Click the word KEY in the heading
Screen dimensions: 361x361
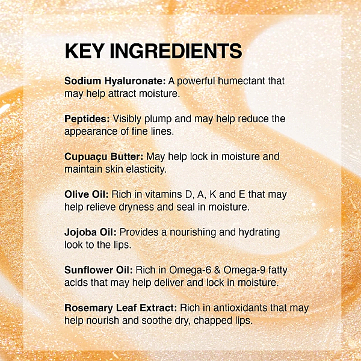pyautogui.click(x=84, y=51)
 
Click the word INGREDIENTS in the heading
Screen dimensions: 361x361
pyautogui.click(x=176, y=51)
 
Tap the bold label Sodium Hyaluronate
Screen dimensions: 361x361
pyautogui.click(x=115, y=81)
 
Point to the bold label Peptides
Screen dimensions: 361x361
pyautogui.click(x=87, y=119)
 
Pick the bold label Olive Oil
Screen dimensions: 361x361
pyautogui.click(x=86, y=194)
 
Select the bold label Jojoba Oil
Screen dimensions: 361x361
pyautogui.click(x=90, y=232)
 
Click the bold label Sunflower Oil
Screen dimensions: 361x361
pyautogui.click(x=99, y=270)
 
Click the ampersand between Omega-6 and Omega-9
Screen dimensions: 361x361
pyautogui.click(x=217, y=270)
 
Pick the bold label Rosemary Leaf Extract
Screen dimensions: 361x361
pyautogui.click(x=121, y=308)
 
